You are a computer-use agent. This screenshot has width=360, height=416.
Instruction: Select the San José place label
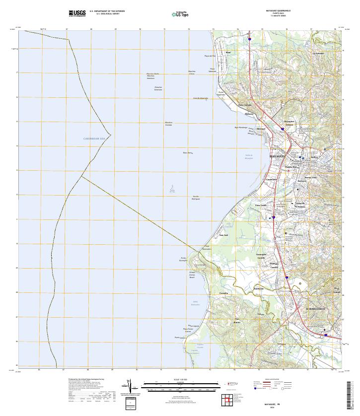223,235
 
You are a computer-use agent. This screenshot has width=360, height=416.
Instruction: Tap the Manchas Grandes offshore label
169,123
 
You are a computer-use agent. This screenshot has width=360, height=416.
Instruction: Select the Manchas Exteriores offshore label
158,88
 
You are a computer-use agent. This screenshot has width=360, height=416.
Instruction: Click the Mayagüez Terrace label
289,123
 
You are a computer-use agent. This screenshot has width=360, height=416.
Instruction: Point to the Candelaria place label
272,179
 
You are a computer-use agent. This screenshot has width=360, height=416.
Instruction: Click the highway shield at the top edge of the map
250,37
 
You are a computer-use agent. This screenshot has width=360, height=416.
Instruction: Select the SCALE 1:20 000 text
180,380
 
